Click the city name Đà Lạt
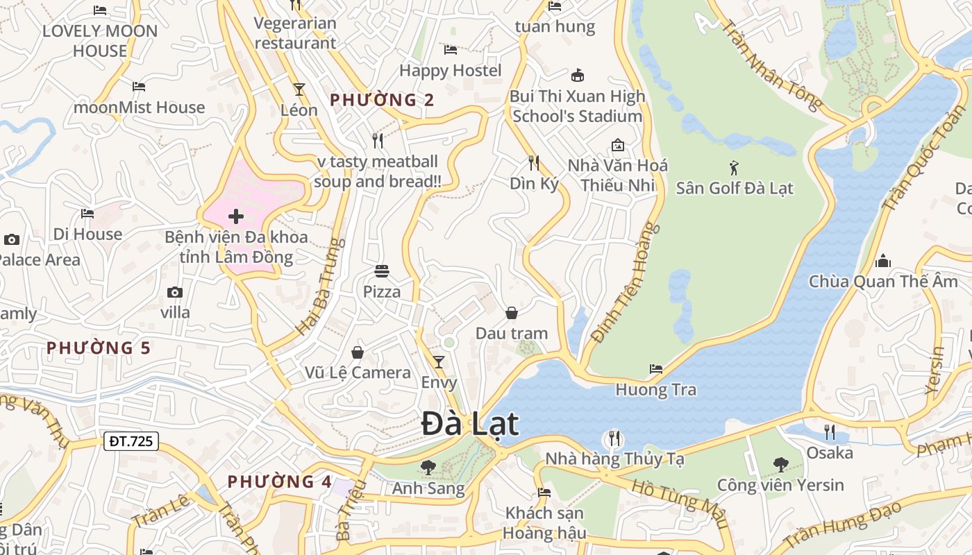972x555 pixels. (470, 424)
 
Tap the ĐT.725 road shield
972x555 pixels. (131, 441)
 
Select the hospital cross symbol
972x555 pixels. (236, 216)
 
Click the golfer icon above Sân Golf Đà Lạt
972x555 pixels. (734, 167)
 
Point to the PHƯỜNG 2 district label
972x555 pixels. (382, 100)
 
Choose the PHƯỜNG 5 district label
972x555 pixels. (98, 348)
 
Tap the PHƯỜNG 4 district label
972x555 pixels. (280, 481)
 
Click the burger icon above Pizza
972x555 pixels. (382, 271)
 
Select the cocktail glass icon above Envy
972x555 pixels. (439, 361)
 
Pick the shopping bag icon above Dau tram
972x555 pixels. (512, 313)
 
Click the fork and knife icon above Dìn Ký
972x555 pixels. (534, 163)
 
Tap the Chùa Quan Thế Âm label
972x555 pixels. (883, 282)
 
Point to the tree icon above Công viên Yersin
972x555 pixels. (780, 464)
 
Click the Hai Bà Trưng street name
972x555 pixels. (320, 287)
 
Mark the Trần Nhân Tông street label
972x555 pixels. (771, 65)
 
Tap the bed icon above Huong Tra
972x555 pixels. (655, 368)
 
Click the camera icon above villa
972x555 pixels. (175, 292)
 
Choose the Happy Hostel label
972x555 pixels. (450, 70)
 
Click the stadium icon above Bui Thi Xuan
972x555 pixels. (577, 76)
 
